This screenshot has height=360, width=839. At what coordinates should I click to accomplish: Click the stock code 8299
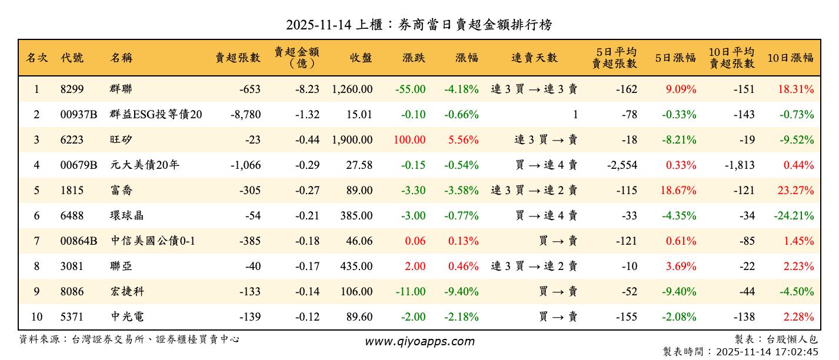click(x=72, y=89)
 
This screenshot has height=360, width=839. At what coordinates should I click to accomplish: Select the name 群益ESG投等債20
click(x=156, y=115)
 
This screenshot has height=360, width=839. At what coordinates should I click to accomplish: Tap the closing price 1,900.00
click(x=352, y=140)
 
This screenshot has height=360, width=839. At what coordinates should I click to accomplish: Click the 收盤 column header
click(x=361, y=58)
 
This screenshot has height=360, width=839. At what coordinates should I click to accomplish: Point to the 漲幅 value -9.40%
click(x=461, y=292)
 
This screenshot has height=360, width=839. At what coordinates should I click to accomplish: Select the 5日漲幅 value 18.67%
click(x=681, y=191)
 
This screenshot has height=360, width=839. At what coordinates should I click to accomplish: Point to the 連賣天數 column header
click(x=534, y=58)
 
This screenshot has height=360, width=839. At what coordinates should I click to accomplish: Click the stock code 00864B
click(x=78, y=241)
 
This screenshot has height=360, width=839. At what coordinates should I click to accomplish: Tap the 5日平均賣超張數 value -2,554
click(x=622, y=165)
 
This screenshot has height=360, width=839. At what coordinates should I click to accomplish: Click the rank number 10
click(x=36, y=317)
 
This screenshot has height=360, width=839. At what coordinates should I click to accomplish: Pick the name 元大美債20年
click(x=145, y=165)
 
